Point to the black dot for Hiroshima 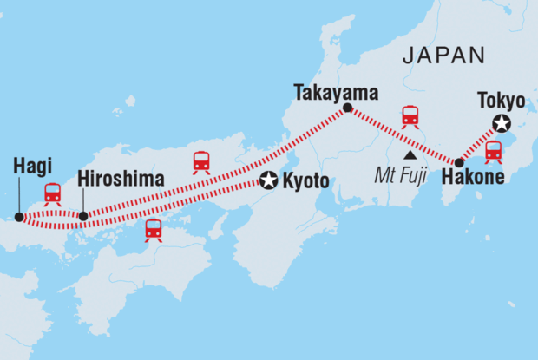[83, 216]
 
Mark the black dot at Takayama [347, 108]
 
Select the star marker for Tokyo [500, 122]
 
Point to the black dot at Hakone [458, 162]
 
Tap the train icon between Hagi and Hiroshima [53, 193]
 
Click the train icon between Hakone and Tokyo [494, 152]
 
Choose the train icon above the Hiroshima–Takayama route [201, 162]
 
